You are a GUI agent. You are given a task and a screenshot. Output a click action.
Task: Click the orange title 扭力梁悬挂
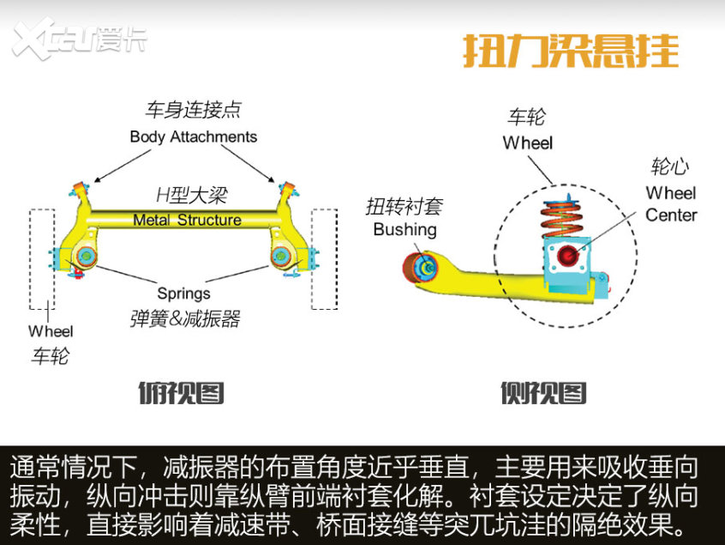click(571, 51)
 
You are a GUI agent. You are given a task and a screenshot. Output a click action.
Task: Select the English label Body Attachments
click(193, 136)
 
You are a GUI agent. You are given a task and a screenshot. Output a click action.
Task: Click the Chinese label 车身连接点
click(193, 110)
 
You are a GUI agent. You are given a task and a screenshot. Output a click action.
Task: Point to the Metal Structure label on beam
click(187, 221)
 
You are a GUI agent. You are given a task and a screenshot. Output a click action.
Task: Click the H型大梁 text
click(190, 195)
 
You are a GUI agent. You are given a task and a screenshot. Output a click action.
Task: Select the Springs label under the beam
click(183, 294)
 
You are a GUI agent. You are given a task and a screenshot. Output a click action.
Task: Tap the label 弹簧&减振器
click(185, 319)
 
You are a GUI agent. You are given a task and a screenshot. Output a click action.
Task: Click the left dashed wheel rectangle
click(41, 257)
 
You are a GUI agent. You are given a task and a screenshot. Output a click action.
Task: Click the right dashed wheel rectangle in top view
click(324, 257)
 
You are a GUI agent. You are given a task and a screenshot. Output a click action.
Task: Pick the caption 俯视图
click(181, 392)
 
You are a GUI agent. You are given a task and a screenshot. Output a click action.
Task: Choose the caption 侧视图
click(543, 392)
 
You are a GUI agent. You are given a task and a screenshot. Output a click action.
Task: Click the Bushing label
click(404, 229)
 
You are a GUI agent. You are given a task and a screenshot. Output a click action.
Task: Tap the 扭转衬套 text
click(404, 206)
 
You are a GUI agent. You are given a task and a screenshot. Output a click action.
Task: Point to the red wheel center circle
click(567, 255)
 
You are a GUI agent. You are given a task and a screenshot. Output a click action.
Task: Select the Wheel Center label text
click(670, 203)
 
